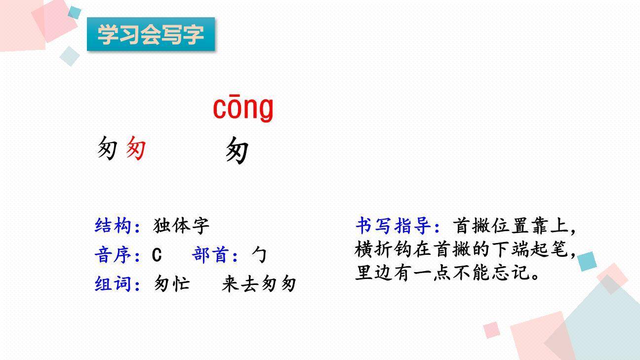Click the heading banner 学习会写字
pos(151,34)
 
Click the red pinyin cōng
pos(243,108)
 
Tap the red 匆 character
pos(135,148)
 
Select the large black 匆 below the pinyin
pos(237,150)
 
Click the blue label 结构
pos(113,226)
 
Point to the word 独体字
pos(181,226)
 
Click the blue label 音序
pos(113,255)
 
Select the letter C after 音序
pos(157,255)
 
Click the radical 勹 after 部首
pos(259,255)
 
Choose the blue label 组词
pos(113,284)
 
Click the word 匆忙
pos(171,284)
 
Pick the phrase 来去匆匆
pos(259,284)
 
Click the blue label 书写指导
pos(393,226)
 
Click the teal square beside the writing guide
pos(587,261)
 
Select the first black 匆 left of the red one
pos(107,148)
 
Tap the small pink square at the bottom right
pos(491,330)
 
